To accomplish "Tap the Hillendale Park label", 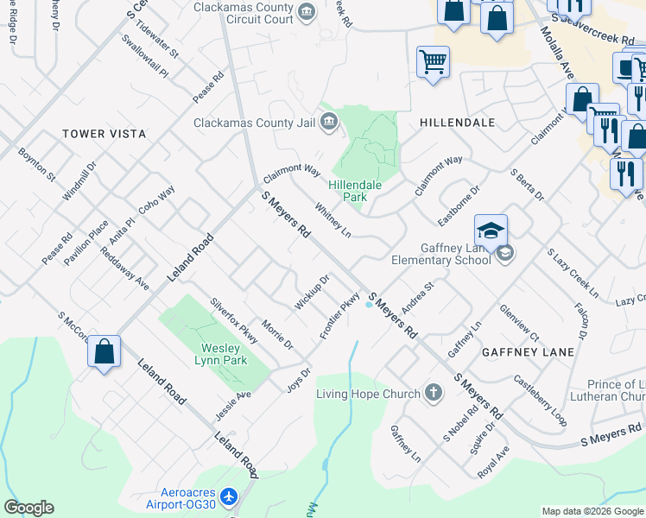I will tap(354, 191).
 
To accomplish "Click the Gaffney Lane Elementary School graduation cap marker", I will tap(491, 232).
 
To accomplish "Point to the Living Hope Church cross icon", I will tap(434, 394).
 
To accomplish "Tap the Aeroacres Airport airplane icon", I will tap(228, 497).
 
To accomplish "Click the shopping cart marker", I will tap(433, 62).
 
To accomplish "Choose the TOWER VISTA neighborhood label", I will tap(104, 134).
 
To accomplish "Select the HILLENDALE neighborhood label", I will tap(457, 123).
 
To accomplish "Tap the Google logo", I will tap(28, 508).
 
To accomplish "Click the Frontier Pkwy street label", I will tap(339, 316).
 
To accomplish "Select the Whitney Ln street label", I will tap(333, 220).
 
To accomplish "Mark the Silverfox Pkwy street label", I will tap(234, 320).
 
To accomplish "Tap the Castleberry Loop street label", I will tap(540, 400).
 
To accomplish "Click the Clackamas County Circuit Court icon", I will tap(306, 11).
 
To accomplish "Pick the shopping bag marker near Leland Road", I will tap(104, 351).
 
